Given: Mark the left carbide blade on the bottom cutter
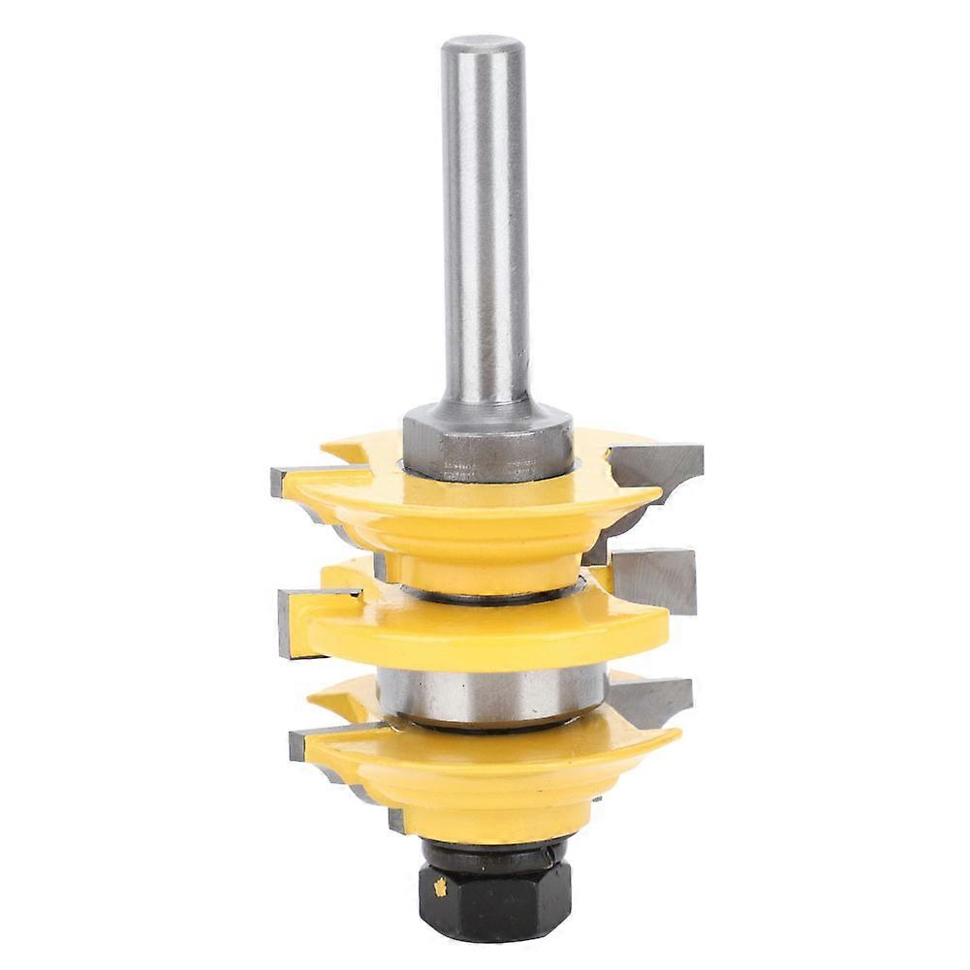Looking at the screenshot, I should coord(310,741).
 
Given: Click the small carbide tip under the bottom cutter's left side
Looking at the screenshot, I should coord(396,819).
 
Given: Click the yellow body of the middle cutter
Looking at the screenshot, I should coord(485,635).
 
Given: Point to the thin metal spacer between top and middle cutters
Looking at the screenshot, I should coord(485,594).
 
